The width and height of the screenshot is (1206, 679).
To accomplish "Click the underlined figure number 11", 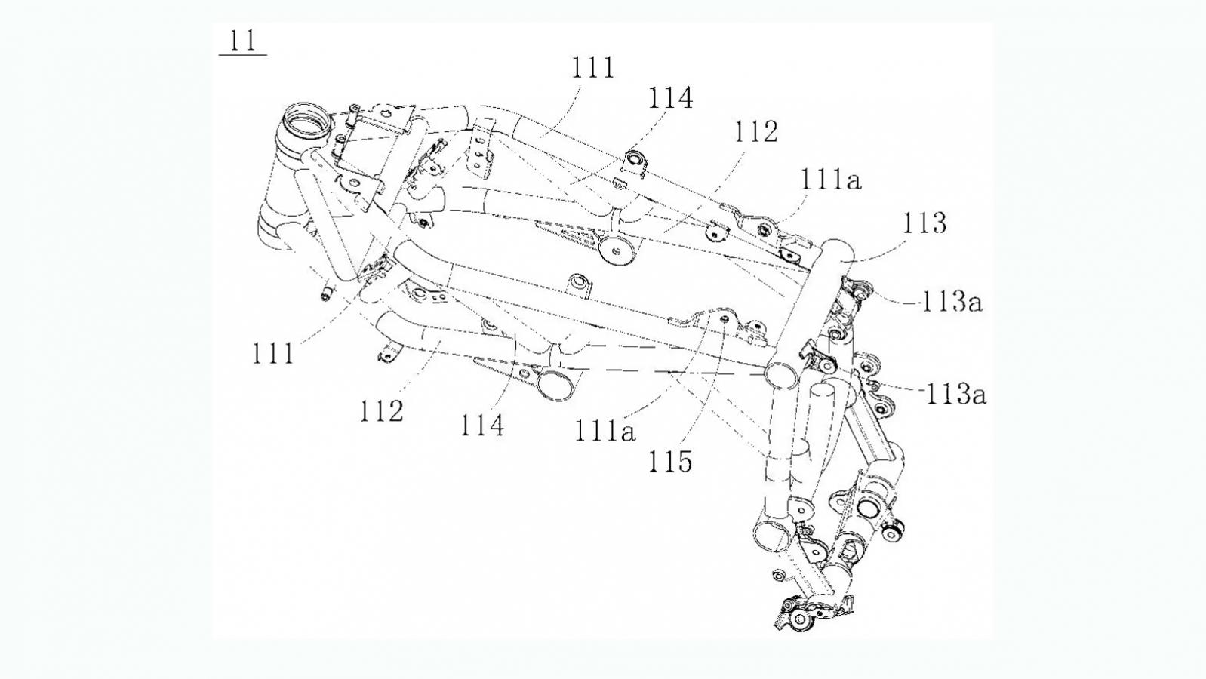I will pyautogui.click(x=242, y=40).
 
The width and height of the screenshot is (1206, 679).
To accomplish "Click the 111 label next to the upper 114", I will pyautogui.click(x=593, y=68).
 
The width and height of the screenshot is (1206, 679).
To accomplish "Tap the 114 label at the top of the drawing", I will pyautogui.click(x=669, y=98).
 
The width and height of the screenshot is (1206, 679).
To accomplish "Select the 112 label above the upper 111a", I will pyautogui.click(x=755, y=132).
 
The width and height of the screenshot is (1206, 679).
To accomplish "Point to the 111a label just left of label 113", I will pyautogui.click(x=830, y=180).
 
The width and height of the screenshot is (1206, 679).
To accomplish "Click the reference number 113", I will pyautogui.click(x=924, y=223).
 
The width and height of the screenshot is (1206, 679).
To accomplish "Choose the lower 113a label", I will pyautogui.click(x=955, y=394).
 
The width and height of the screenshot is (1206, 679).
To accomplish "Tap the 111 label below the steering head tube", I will pyautogui.click(x=272, y=353).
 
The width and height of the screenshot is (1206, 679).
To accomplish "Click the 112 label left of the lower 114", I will pyautogui.click(x=381, y=411).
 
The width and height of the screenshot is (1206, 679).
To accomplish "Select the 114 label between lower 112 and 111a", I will pyautogui.click(x=481, y=426).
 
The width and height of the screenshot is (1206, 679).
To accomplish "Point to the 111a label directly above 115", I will pyautogui.click(x=605, y=431).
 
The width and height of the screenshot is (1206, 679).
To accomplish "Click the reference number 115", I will pyautogui.click(x=670, y=461).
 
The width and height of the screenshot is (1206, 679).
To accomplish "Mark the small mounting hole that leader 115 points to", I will pyautogui.click(x=725, y=320).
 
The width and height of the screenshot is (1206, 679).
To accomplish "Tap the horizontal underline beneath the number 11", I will pyautogui.click(x=242, y=55).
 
